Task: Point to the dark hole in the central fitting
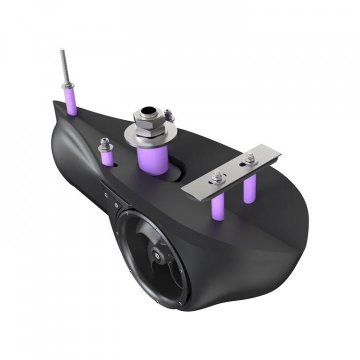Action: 147,110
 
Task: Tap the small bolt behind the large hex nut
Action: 168,115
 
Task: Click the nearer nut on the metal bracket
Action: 217,176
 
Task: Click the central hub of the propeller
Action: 159,256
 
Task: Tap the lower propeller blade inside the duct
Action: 150,280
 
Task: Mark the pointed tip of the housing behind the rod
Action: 56,104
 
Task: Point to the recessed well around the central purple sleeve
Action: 175,172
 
